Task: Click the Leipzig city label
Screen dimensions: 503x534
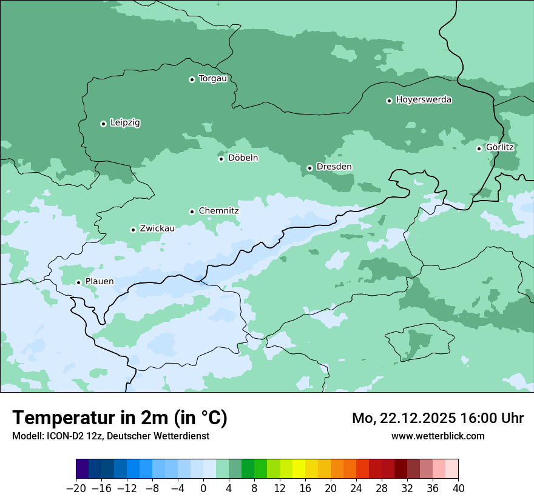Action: point(125,123)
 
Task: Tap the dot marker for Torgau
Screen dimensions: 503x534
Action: point(192,79)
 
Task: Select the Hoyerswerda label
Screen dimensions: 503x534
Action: point(424,100)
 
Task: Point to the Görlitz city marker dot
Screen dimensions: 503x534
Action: point(479,148)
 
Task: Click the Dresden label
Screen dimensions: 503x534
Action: point(334,167)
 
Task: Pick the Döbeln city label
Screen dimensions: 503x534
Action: point(243,158)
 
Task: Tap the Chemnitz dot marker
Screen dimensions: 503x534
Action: point(192,212)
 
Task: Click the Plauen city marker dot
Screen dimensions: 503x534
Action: point(78,282)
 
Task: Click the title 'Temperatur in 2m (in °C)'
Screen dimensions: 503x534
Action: point(120,418)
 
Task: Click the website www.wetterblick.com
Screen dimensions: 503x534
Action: point(438,436)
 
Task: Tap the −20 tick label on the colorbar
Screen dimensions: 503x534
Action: point(76,488)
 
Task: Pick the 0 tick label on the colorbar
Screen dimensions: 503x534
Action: point(203,488)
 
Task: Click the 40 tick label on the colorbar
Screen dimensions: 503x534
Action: point(458,488)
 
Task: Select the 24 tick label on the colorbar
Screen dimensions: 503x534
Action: point(356,488)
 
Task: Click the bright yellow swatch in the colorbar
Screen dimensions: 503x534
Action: point(299,469)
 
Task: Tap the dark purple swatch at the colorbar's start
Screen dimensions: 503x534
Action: point(83,469)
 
